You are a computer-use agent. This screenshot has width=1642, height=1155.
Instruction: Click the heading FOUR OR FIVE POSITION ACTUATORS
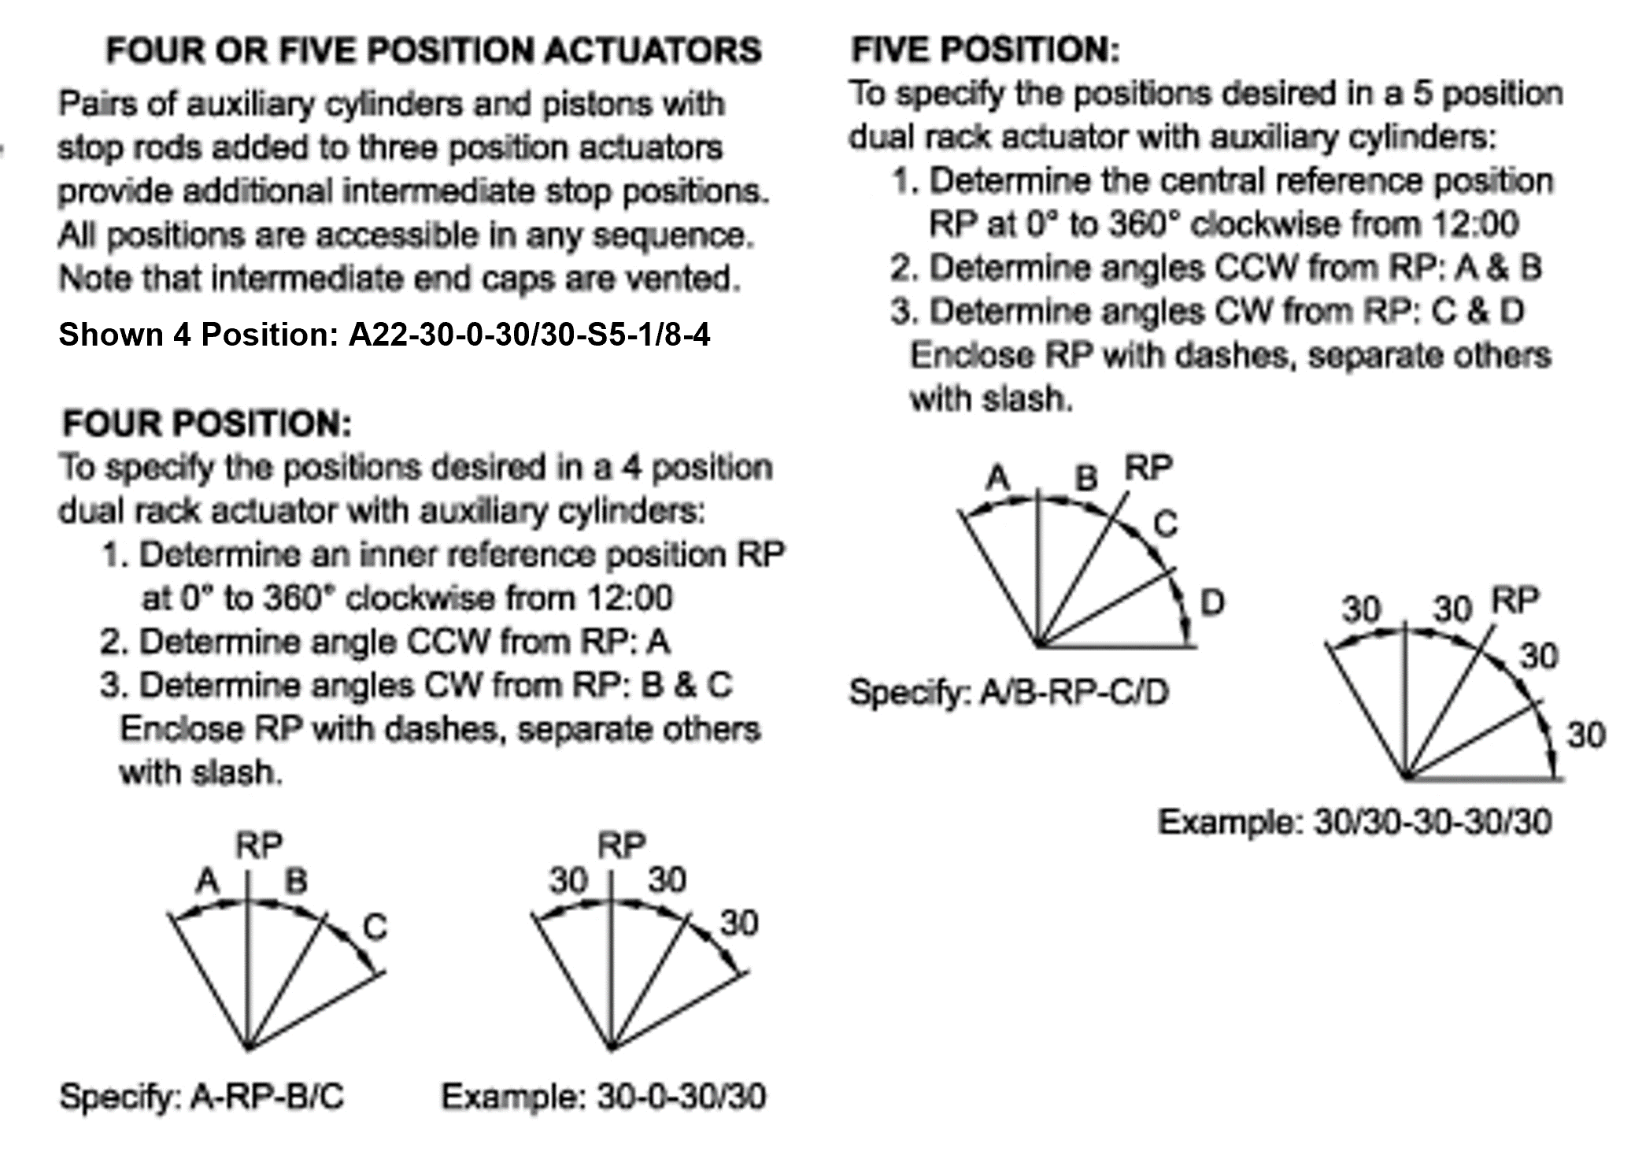434,50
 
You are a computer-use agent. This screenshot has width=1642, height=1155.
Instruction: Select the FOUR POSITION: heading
207,424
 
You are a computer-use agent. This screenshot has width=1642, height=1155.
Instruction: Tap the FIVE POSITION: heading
985,50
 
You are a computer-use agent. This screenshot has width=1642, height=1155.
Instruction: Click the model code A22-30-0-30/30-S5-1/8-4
529,335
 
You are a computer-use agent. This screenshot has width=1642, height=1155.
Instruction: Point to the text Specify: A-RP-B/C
202,1096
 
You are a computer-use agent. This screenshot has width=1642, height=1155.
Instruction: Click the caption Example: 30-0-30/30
603,1096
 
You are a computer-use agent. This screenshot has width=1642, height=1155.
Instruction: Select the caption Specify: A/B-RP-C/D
1008,692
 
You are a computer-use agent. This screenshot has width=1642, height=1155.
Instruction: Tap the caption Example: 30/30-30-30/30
1354,822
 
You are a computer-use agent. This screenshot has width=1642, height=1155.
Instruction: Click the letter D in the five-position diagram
1211,603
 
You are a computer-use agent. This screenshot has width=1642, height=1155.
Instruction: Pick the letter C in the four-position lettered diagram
375,927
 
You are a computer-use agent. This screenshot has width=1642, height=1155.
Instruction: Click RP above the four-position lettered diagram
258,846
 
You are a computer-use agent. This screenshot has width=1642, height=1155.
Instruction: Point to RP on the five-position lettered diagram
1148,468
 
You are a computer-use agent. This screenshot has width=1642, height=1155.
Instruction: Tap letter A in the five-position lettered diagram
997,477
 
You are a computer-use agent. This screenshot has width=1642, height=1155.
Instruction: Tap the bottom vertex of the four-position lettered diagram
248,1048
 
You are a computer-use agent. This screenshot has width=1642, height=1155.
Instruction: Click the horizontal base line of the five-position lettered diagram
1118,646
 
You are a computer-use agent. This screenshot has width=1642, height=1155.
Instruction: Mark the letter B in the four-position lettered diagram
296,880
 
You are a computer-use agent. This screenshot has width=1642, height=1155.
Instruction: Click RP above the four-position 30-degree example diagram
621,846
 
